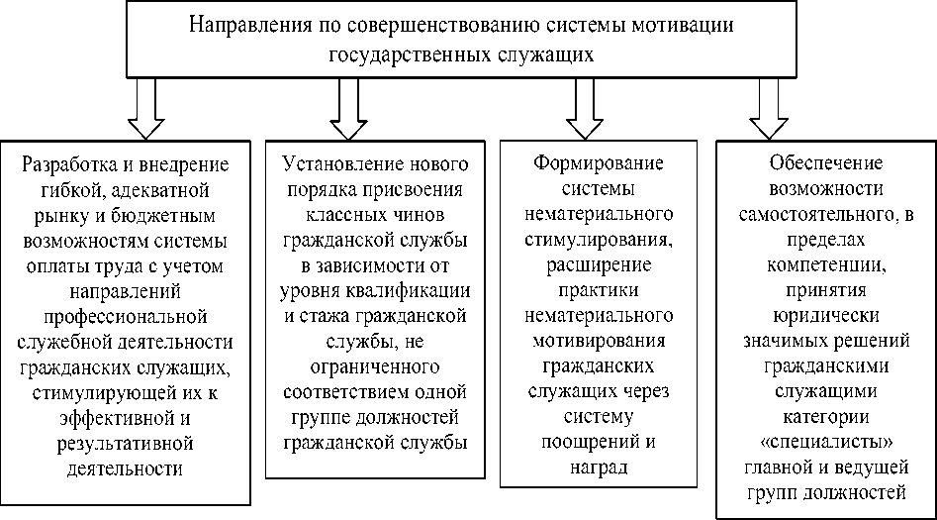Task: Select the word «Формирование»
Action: tap(597, 162)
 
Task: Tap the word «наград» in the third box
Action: tap(597, 466)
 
